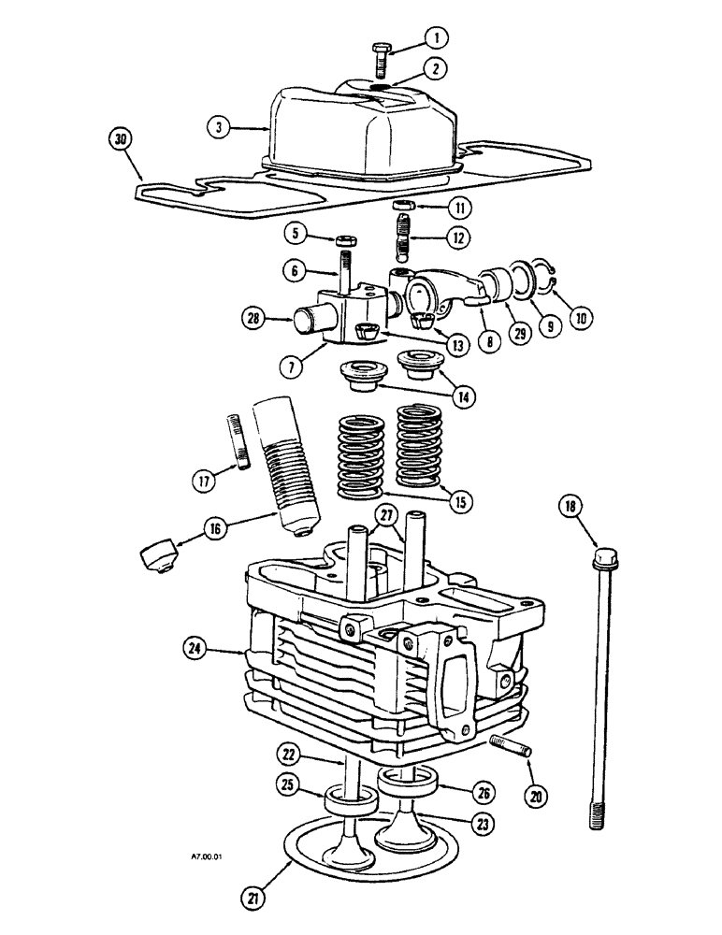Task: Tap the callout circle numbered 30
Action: (120, 139)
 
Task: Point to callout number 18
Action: (570, 507)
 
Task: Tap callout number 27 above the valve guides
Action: (386, 516)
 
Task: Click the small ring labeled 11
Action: (404, 206)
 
